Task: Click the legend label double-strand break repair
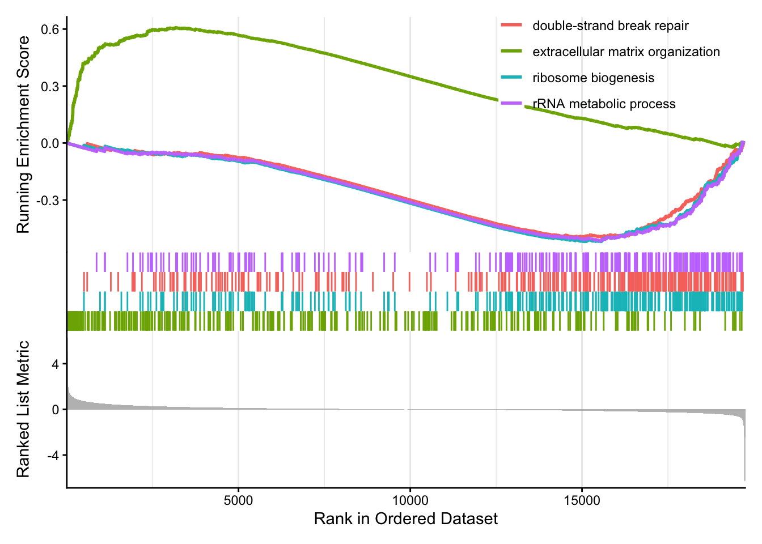coord(611,25)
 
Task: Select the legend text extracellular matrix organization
coord(626,52)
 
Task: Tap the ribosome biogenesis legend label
coord(593,78)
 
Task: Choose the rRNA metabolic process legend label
coord(604,104)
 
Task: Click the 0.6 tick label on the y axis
coord(50,29)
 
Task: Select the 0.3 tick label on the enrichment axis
coord(50,87)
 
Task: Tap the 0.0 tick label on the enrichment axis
coord(50,143)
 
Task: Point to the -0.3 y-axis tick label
coord(48,201)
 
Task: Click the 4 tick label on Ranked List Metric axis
coord(55,364)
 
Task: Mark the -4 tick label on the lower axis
coord(53,455)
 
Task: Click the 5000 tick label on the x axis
coord(238,501)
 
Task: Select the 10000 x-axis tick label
coord(410,501)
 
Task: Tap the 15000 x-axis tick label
coord(582,501)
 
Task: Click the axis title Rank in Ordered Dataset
coord(406,519)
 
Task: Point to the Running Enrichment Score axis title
coord(23,134)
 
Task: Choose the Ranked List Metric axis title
coord(23,409)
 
